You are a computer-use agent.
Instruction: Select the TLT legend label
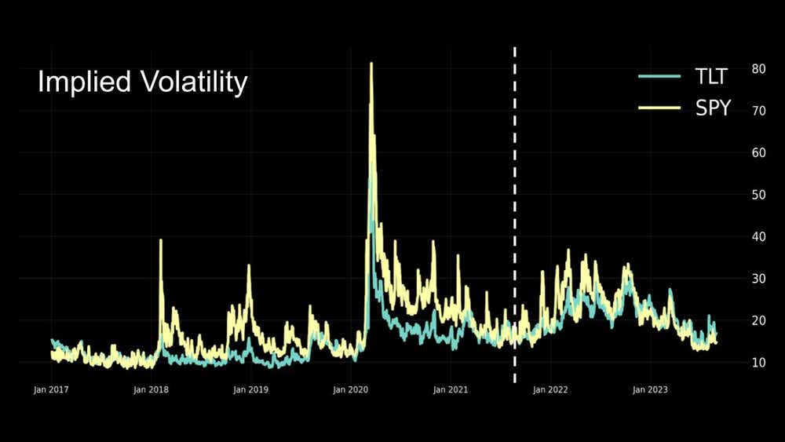712,76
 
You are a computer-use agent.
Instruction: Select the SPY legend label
713,108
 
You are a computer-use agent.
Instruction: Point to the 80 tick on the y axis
758,68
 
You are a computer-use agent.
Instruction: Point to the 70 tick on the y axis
758,111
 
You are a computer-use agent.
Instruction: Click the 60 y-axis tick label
758,152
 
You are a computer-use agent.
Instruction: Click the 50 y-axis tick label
758,195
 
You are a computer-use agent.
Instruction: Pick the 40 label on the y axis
758,236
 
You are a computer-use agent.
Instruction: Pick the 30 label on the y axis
758,279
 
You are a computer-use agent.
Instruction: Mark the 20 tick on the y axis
758,320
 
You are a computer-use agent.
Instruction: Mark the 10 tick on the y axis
758,363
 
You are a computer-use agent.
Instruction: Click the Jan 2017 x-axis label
52,389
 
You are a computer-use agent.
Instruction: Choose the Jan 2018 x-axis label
152,389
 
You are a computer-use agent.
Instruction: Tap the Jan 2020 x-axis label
351,389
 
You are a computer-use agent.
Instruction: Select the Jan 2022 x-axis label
550,389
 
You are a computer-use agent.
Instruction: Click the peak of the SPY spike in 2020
371,64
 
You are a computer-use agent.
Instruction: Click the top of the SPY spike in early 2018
160,240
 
